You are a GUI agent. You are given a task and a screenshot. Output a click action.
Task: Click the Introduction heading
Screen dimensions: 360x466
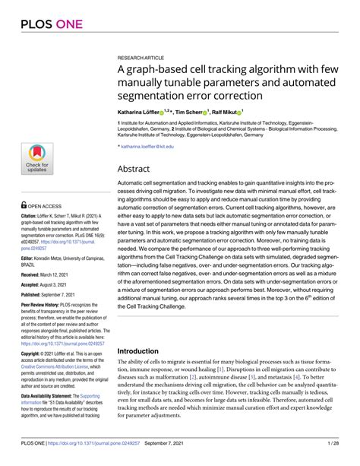tap(144, 351)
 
